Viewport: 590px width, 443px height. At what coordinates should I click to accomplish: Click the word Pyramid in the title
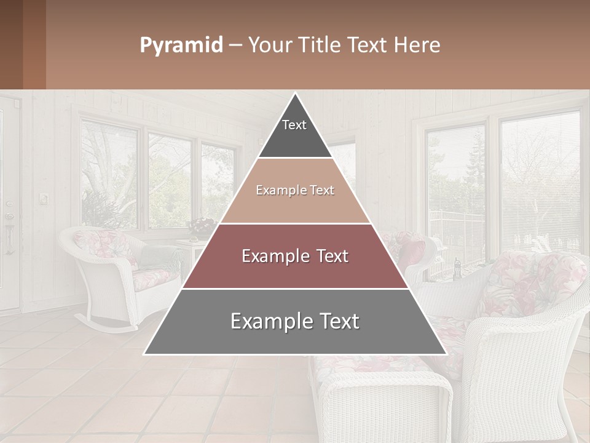181,46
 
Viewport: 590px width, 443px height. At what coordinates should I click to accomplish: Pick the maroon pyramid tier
295,257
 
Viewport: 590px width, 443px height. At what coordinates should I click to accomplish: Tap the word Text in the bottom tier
335,322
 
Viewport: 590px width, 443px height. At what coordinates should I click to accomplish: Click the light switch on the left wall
44,198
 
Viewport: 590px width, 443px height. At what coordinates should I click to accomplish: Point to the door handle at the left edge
9,237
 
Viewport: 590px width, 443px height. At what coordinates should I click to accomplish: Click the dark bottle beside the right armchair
457,266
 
